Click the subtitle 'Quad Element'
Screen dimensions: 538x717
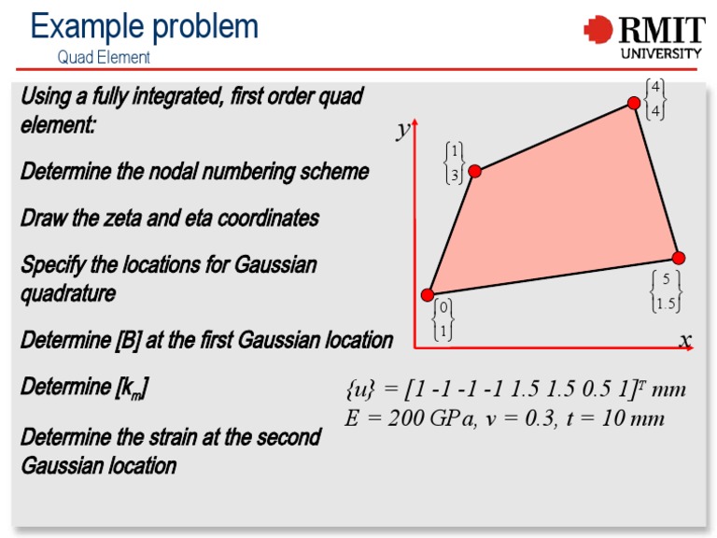click(104, 57)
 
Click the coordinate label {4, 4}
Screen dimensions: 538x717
click(656, 99)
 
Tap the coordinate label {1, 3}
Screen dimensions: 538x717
click(454, 163)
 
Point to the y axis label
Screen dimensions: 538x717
click(403, 129)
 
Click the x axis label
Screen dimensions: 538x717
click(685, 340)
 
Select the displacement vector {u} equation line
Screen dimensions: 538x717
click(515, 389)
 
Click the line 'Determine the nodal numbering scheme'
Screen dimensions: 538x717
click(194, 172)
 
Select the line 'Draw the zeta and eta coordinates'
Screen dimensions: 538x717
click(170, 219)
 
